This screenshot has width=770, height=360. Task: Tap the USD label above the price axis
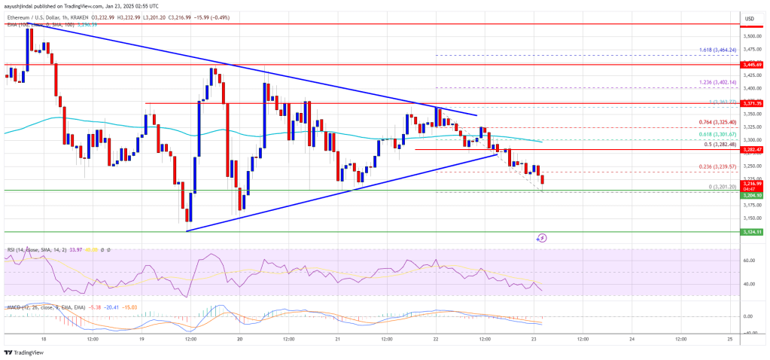[x=749, y=18]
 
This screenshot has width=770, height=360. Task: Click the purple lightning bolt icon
[x=542, y=238]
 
